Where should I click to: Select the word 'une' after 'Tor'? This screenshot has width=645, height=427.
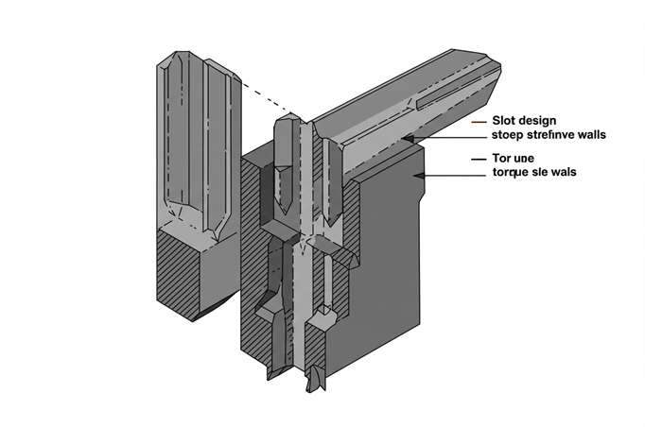[524, 158]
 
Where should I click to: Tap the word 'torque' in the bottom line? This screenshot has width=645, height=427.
[512, 173]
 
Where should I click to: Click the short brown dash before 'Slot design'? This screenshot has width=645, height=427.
[479, 122]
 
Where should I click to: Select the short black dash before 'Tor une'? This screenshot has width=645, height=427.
[479, 158]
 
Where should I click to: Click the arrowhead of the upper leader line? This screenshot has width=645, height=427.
[404, 139]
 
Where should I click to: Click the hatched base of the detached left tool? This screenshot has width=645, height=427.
[177, 274]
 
